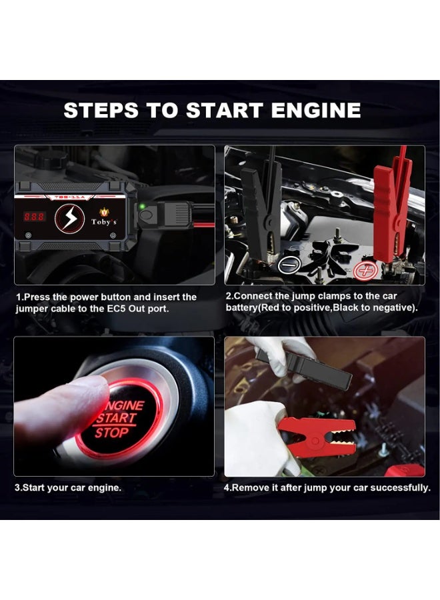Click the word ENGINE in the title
click(316, 110)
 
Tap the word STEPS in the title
click(101, 110)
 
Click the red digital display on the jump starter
click(35, 217)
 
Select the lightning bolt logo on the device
click(69, 219)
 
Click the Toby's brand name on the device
click(104, 221)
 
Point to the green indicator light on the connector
click(142, 207)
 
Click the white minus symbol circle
click(289, 265)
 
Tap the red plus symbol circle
click(365, 271)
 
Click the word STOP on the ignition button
click(111, 433)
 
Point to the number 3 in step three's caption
click(17, 488)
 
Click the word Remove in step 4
click(248, 488)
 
